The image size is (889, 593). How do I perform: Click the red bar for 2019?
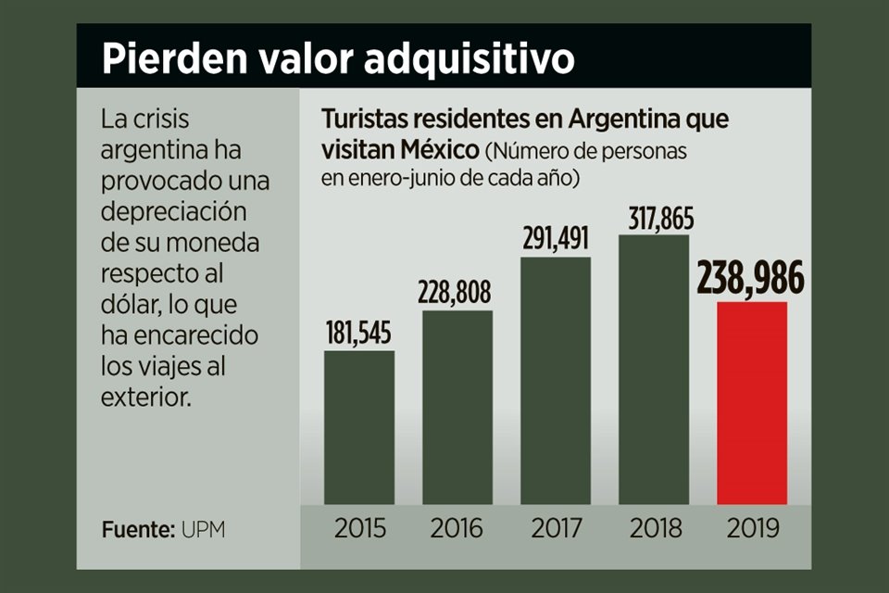[x=752, y=403]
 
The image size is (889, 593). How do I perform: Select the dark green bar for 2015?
[x=359, y=427]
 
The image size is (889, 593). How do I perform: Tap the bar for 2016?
[x=457, y=408]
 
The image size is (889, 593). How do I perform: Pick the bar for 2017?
[x=556, y=381]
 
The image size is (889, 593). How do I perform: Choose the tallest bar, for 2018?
[x=654, y=370]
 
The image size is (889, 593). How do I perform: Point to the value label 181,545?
[x=359, y=334]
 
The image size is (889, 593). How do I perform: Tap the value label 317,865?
[x=654, y=219]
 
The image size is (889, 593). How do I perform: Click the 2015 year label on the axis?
[x=359, y=529]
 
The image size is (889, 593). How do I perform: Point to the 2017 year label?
[x=556, y=529]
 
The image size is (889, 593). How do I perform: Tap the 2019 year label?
[x=752, y=529]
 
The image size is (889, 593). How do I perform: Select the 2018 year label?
[x=654, y=529]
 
